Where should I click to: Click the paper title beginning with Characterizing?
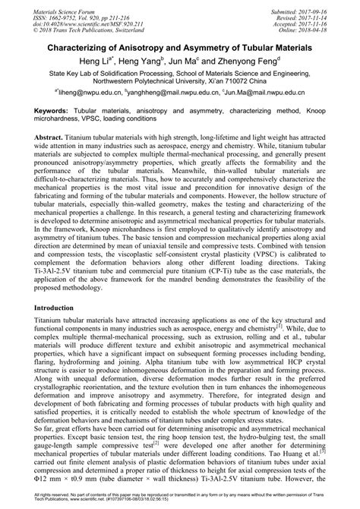click(179, 47)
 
